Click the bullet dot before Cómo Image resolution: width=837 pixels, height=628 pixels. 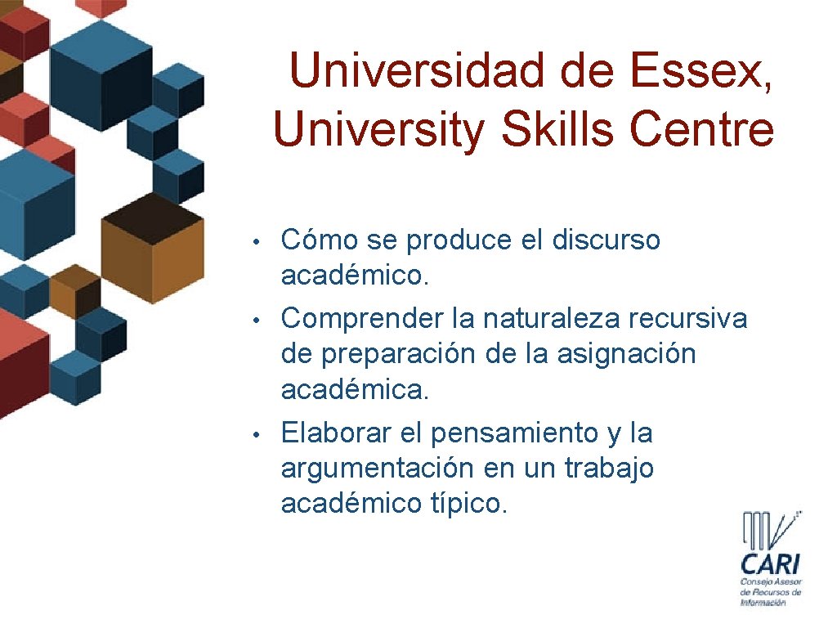coord(256,242)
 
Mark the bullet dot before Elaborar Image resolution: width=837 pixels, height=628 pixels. coord(256,434)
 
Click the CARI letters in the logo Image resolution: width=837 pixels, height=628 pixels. coord(771,563)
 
